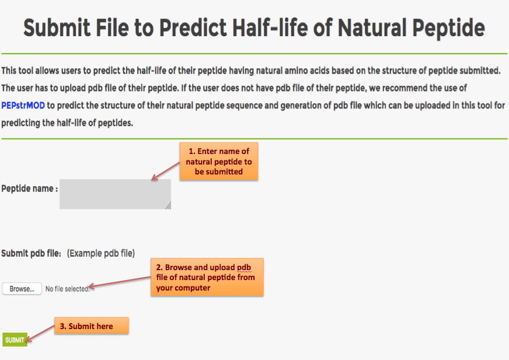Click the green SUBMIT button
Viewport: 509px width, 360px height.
point(15,340)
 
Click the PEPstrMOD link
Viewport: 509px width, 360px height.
point(23,106)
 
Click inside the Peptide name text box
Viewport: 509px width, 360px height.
point(115,194)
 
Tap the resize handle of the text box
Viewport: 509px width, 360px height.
point(168,206)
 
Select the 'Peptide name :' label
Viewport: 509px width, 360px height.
point(30,188)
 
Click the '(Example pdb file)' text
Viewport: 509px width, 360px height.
point(101,253)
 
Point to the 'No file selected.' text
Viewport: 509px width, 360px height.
point(68,289)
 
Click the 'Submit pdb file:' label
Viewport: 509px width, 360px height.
point(31,253)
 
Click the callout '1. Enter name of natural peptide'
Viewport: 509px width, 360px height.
point(219,162)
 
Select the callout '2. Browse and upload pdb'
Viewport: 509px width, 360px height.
point(207,277)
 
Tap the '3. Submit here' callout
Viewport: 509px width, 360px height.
point(92,326)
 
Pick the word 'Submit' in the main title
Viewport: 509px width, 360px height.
point(57,27)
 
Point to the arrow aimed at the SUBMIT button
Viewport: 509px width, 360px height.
point(40,333)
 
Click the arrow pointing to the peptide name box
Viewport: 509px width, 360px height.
point(166,171)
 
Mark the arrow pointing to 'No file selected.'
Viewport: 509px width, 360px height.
point(120,282)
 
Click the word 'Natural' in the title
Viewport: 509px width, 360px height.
point(372,27)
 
